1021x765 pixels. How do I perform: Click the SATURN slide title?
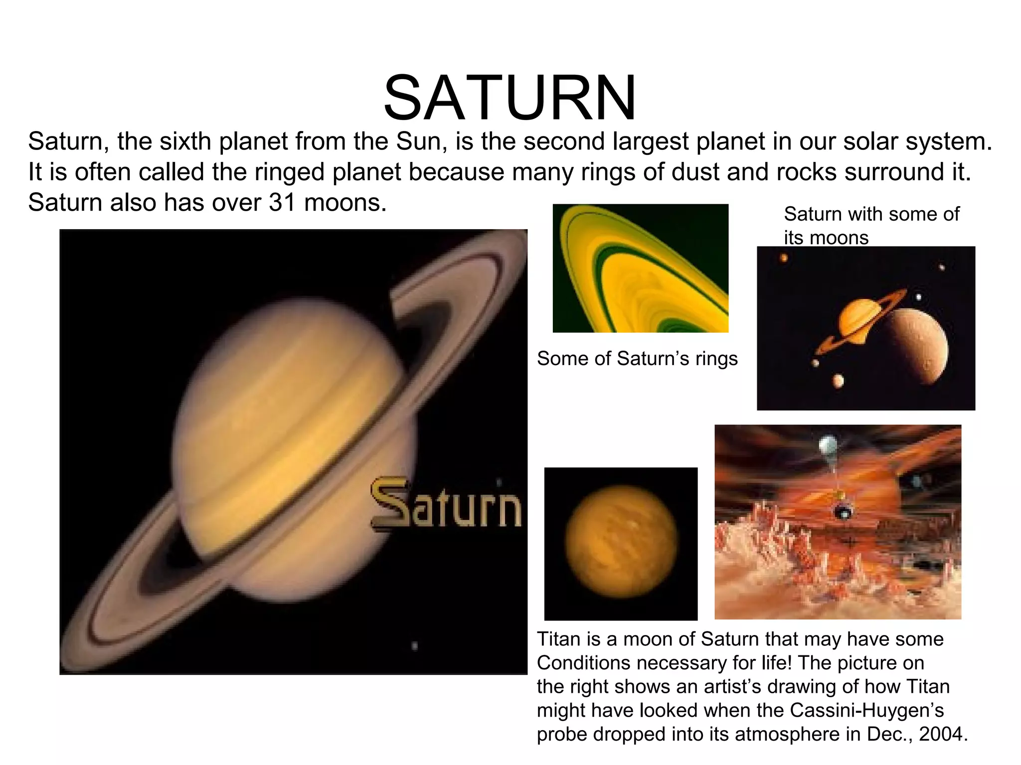(x=510, y=98)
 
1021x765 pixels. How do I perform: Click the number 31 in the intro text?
(x=283, y=203)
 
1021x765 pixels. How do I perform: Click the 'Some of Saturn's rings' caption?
(x=637, y=359)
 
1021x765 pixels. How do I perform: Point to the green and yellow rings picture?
(x=641, y=268)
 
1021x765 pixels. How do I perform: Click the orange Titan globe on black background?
(x=621, y=542)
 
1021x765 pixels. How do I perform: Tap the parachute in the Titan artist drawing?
(x=828, y=444)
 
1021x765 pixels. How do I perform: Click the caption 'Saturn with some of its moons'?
(x=871, y=226)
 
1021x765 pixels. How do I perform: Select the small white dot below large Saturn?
(x=415, y=646)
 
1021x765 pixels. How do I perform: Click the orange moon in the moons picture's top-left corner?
(x=784, y=258)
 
